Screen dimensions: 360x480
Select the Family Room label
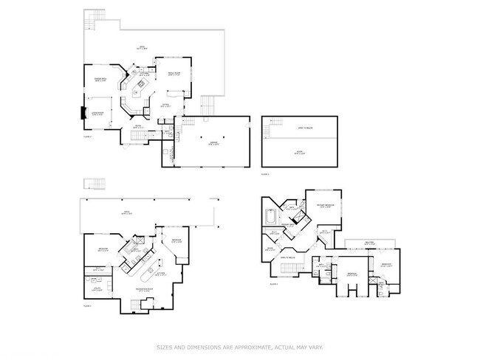[x=174, y=72]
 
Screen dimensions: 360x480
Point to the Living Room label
[x=96, y=114]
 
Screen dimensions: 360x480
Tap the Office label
[x=165, y=105]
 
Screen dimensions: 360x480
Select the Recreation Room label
[x=145, y=290]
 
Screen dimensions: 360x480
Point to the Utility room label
[x=98, y=288]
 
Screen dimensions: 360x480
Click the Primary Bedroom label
[x=325, y=206]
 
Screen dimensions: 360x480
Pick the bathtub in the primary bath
[x=271, y=218]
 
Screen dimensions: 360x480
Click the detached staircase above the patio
[x=95, y=183]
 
